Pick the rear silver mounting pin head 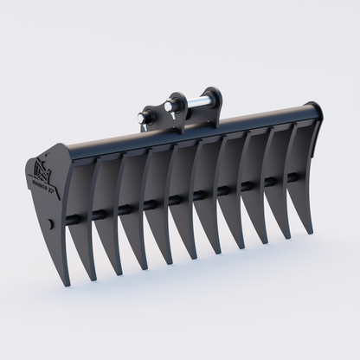tap(170, 106)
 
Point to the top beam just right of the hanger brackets tap(251, 120)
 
